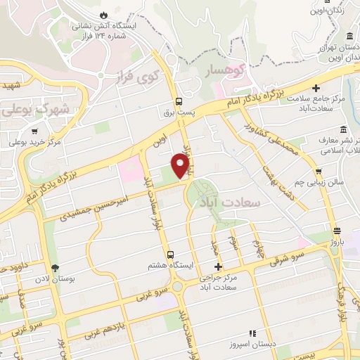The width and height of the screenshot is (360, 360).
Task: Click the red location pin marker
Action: [180, 165]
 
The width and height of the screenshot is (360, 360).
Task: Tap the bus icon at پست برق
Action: [179, 101]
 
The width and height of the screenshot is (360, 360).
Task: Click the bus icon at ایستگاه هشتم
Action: [169, 254]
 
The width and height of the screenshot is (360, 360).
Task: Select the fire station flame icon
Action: [105, 14]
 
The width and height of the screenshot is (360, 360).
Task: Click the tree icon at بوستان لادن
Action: [55, 267]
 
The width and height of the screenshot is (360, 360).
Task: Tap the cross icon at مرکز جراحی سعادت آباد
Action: [218, 266]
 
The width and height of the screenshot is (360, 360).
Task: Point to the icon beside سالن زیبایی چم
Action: [319, 172]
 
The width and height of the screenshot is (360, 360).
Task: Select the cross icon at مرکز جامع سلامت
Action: [316, 89]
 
